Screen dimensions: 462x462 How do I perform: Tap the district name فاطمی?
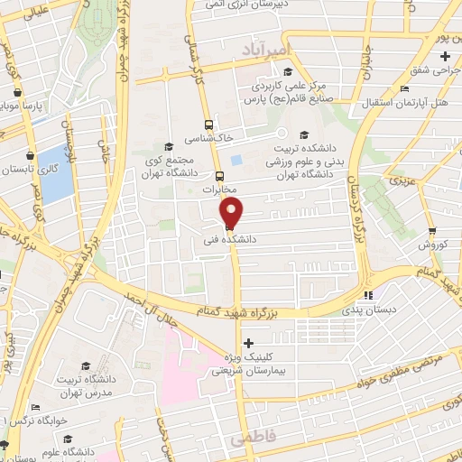(249, 439)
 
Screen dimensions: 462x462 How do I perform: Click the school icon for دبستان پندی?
(367, 295)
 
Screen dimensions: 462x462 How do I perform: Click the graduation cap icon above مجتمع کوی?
(169, 146)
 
